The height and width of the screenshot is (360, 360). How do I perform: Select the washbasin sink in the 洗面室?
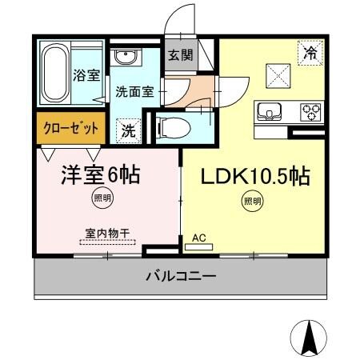tap(123, 58)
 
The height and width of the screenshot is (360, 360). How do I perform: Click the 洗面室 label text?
tap(134, 90)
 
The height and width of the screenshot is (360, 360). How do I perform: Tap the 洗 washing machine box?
tap(128, 128)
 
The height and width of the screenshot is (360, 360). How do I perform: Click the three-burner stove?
tap(310, 110)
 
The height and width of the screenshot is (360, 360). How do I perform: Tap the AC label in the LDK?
tap(199, 238)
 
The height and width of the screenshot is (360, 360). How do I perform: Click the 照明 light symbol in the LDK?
tap(250, 202)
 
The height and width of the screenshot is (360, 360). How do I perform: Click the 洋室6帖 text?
tap(101, 174)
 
